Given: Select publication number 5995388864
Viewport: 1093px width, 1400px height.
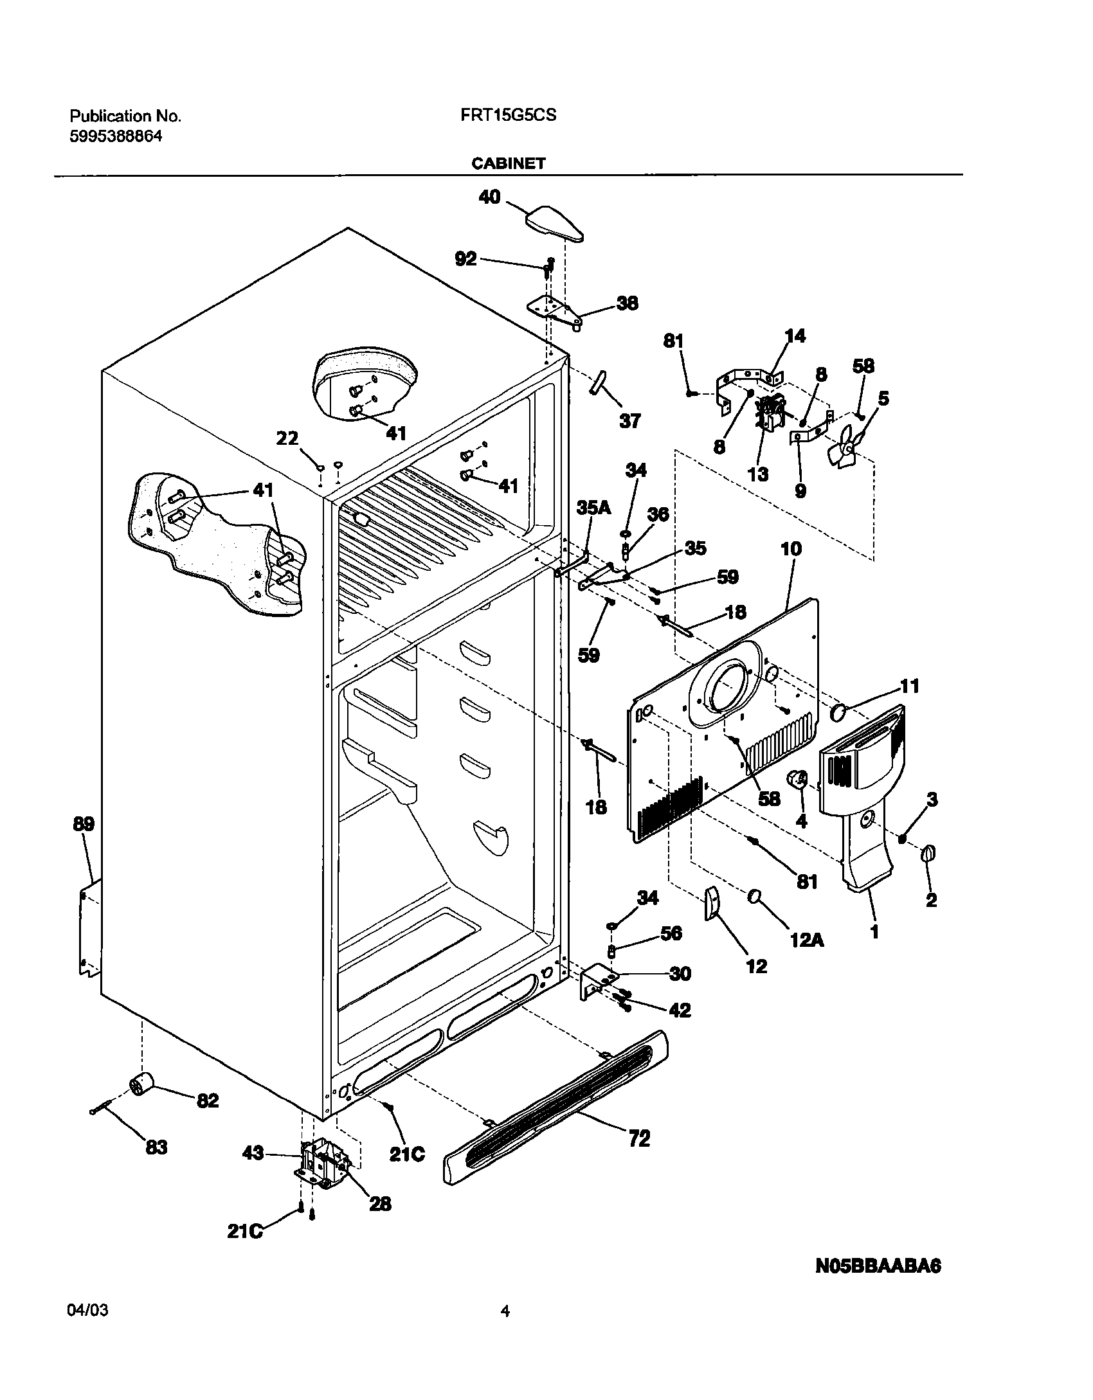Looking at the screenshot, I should (116, 136).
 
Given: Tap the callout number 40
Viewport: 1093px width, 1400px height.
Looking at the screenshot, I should (489, 197).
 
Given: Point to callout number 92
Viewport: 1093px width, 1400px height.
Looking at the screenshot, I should (465, 258).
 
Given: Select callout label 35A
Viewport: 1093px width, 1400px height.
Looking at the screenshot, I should (593, 508).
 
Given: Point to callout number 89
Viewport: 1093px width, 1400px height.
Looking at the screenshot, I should (84, 824).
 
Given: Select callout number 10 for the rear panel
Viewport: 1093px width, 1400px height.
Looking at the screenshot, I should (791, 549).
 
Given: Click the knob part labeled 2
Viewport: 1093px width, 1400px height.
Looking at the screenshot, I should (928, 853).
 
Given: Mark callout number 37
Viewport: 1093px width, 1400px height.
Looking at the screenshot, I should (630, 421).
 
